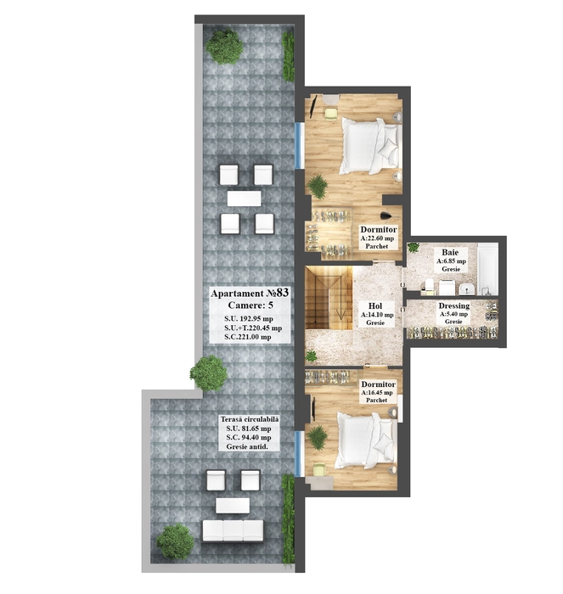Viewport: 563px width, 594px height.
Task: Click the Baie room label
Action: tap(450, 252)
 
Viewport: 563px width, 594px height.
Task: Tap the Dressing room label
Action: tap(453, 305)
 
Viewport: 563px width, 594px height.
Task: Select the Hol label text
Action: tap(375, 306)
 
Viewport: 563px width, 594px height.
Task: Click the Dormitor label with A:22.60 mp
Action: tap(379, 229)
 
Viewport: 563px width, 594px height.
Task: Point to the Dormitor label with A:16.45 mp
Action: tap(378, 384)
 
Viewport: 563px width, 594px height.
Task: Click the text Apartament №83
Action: tap(250, 293)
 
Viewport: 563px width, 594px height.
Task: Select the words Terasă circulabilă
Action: tap(250, 419)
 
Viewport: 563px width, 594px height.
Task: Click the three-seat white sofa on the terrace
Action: tap(233, 530)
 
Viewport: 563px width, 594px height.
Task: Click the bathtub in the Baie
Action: tap(487, 269)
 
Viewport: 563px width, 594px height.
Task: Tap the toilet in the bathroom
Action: tap(429, 287)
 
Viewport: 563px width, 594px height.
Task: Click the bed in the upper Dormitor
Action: tap(370, 145)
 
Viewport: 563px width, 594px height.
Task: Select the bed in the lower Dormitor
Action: tap(367, 440)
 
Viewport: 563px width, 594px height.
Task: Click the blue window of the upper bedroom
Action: tap(298, 145)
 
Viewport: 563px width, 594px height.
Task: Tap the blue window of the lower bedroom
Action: tap(297, 453)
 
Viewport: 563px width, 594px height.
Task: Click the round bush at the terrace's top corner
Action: tap(224, 47)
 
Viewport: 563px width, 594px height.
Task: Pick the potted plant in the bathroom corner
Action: tap(413, 248)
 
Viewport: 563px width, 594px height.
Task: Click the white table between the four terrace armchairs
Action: tap(245, 198)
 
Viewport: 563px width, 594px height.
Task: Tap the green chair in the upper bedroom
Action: tap(330, 114)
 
